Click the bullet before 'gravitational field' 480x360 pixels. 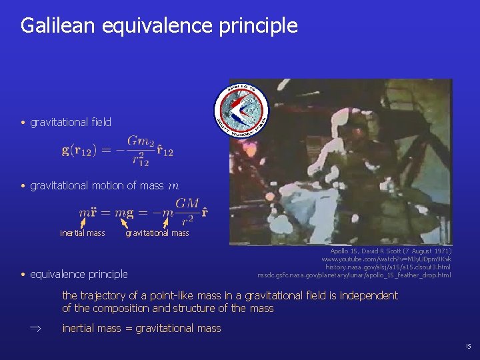point(23,123)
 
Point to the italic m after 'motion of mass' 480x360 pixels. point(173,186)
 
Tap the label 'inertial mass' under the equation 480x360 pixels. point(82,233)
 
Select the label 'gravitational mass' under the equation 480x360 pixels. point(157,233)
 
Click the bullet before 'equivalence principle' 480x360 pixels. point(23,275)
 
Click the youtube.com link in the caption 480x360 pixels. point(386,259)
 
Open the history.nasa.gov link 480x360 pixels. point(387,267)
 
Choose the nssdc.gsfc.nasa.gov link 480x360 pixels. point(354,275)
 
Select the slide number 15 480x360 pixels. point(468,347)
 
